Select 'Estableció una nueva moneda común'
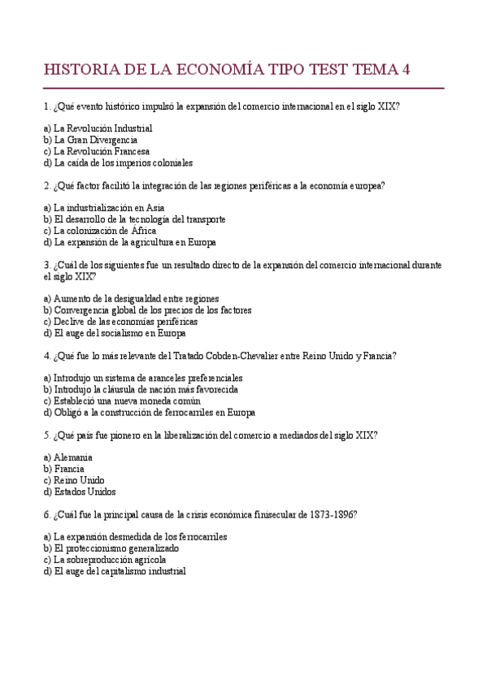click(123, 401)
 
